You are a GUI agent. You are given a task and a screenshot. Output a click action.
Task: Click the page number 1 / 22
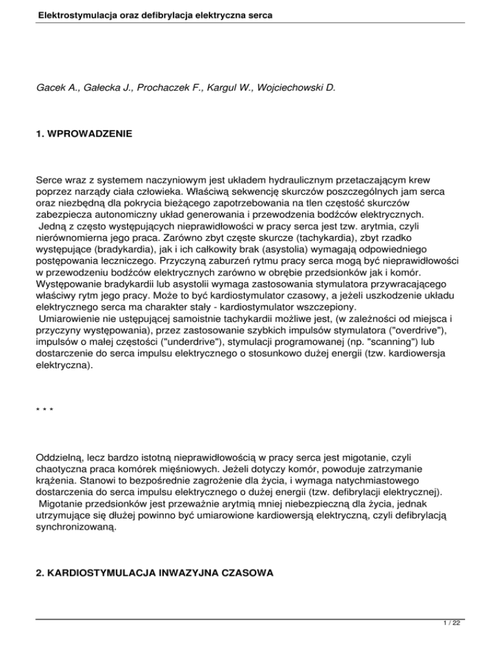point(483,639)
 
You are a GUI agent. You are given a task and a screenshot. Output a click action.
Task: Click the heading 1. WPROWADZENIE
point(77,134)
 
